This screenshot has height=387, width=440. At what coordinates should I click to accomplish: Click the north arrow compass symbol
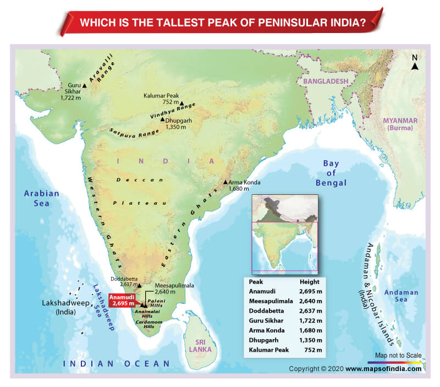click(x=415, y=63)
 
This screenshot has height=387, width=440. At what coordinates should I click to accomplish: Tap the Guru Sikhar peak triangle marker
click(x=84, y=86)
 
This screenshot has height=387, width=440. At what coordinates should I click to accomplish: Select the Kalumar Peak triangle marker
click(x=182, y=102)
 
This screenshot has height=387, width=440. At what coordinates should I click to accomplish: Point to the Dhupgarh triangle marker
click(x=162, y=119)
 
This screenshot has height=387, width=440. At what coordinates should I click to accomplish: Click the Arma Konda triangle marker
click(x=225, y=182)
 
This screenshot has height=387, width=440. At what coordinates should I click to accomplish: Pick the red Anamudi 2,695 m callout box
click(x=122, y=300)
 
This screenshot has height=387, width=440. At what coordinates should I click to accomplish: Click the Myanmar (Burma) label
click(x=400, y=124)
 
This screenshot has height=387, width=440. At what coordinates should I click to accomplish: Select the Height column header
click(x=310, y=282)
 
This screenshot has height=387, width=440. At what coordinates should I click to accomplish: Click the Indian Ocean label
click(x=117, y=363)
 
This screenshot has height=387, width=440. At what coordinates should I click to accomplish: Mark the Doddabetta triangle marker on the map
click(x=139, y=286)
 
